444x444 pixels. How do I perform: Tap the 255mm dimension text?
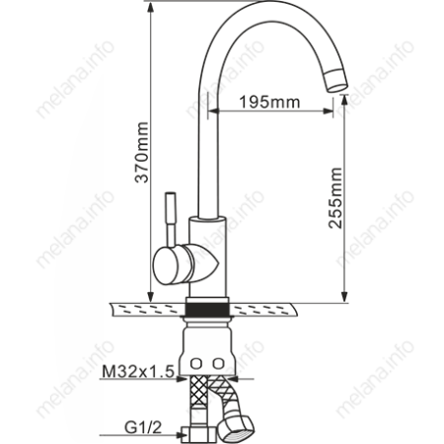[335, 198]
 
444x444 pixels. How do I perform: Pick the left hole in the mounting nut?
[196, 361]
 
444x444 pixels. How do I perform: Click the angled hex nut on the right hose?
[241, 425]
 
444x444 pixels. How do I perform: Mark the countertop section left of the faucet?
[148, 310]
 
